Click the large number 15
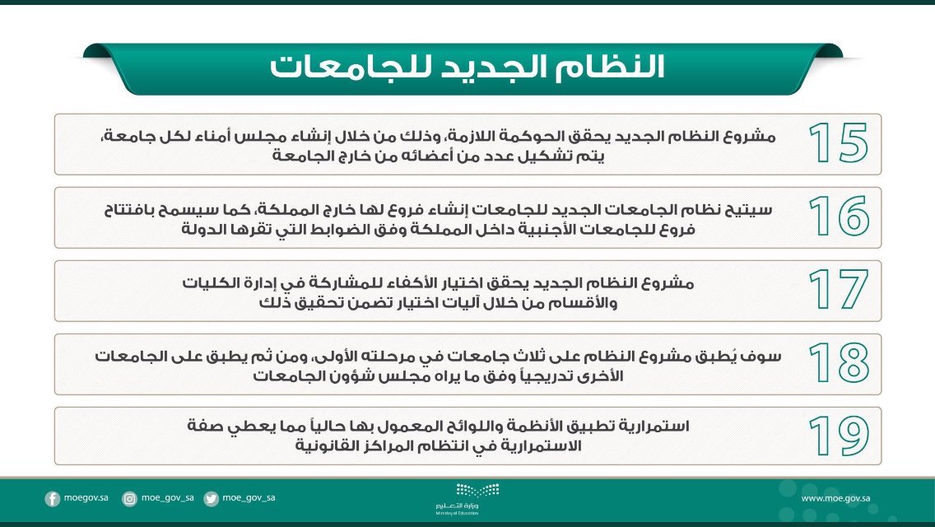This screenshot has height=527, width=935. tap(837, 143)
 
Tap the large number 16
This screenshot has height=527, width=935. tap(837, 217)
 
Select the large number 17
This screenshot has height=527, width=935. tap(837, 290)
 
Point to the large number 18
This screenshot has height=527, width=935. tap(837, 363)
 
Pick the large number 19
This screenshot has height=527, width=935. tap(837, 436)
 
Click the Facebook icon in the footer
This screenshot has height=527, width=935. tap(53, 498)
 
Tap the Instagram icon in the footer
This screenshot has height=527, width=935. tap(129, 498)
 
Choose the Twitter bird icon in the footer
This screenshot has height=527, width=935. tap(212, 498)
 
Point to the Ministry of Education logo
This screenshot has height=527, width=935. tap(467, 497)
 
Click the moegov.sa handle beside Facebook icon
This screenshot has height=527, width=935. tap(86, 498)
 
